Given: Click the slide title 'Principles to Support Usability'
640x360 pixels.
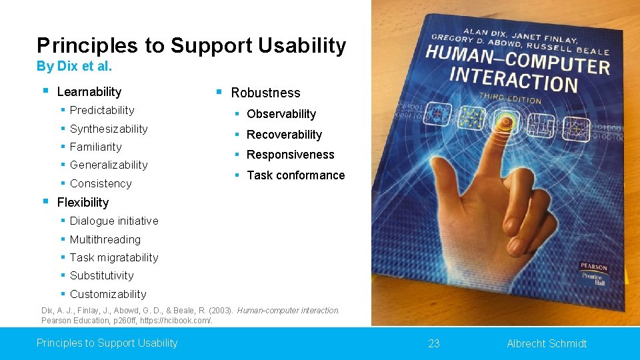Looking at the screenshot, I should tap(191, 45).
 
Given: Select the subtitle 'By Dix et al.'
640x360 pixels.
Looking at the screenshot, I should tap(74, 67).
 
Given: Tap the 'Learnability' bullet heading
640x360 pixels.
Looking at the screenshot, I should tap(89, 92).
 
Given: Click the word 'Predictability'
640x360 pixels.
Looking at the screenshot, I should tap(102, 110).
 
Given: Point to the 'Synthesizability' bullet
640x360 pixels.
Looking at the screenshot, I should tap(109, 129).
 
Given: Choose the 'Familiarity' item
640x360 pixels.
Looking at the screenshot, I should tap(95, 147).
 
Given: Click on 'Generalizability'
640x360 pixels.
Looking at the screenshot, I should tap(109, 165).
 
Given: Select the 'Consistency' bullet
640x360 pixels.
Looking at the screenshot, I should tap(101, 183).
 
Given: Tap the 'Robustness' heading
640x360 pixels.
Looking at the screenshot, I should tap(265, 93).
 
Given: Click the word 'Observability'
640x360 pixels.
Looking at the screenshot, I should tap(281, 114).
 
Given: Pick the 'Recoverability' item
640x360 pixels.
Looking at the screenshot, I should tap(284, 135).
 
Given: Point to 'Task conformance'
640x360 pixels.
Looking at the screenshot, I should tap(295, 175).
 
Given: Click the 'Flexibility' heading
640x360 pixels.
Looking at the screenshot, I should tap(83, 202).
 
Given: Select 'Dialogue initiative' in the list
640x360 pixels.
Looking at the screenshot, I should tap(114, 221).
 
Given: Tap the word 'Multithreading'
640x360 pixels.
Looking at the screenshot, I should tap(105, 239).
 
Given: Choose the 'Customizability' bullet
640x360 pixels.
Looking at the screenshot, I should tap(108, 294).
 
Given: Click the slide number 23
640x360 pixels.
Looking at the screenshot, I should tap(434, 343).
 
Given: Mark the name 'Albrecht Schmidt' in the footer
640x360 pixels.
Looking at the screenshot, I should tap(547, 343).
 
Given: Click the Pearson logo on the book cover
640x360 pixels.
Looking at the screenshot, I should tap(593, 267).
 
